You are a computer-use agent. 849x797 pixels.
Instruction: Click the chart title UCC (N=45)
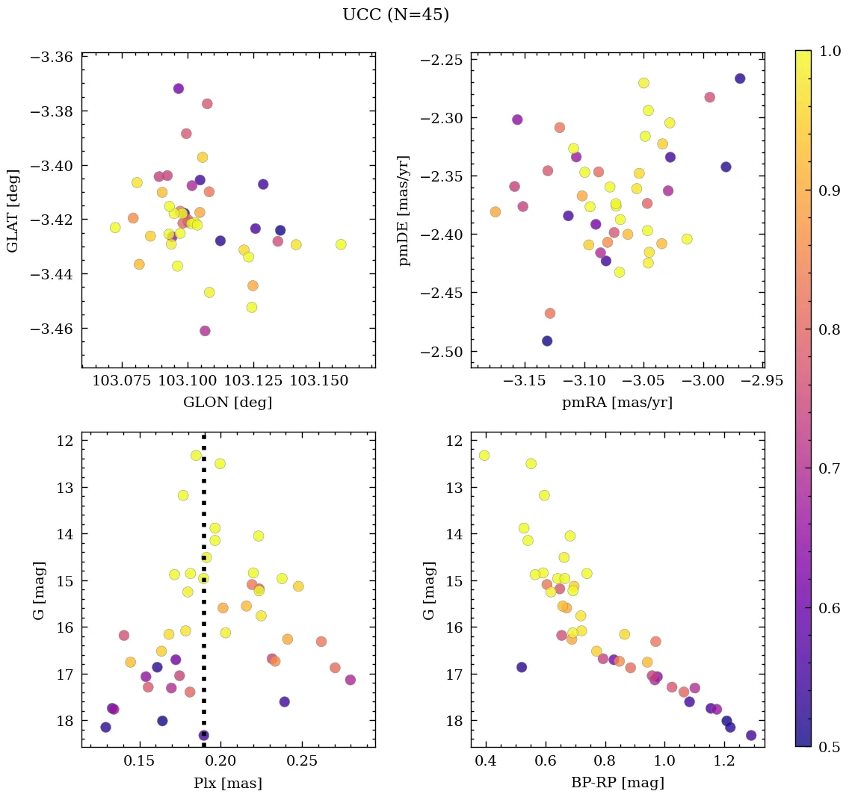click(395, 15)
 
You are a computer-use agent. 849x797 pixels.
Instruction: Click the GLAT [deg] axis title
click(14, 210)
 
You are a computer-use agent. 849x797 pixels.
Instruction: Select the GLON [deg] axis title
click(227, 403)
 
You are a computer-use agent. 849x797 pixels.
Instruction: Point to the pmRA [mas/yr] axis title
click(617, 403)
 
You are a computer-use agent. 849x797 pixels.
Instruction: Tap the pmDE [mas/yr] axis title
click(404, 210)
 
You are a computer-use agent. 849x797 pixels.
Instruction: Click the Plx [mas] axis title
click(227, 783)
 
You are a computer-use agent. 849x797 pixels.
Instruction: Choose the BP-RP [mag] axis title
click(617, 783)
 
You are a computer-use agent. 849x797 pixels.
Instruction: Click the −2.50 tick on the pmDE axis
click(441, 352)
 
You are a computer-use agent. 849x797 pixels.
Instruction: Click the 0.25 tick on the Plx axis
click(303, 762)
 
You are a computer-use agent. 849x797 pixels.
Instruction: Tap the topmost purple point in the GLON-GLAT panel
click(179, 88)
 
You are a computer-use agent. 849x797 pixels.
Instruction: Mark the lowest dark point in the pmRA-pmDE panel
click(547, 341)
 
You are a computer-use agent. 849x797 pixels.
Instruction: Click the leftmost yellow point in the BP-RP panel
click(484, 456)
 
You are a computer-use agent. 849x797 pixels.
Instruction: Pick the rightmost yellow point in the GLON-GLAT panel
click(341, 244)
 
